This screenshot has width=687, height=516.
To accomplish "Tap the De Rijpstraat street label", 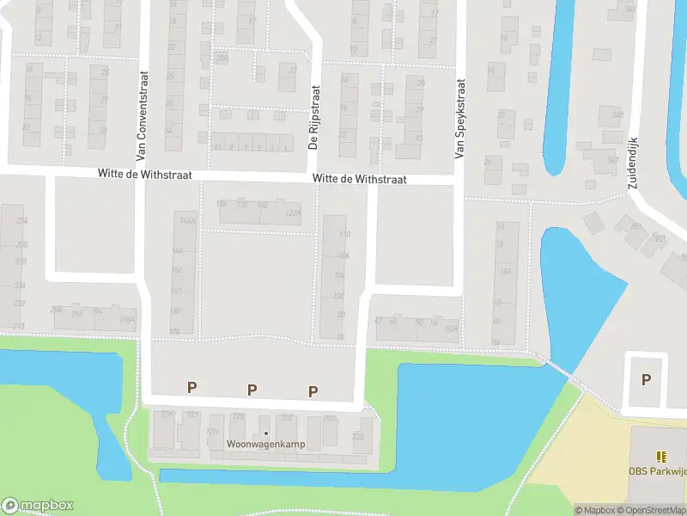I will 313,117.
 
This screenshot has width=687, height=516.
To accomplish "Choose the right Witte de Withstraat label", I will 359,180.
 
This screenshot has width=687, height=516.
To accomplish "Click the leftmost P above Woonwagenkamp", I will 191,388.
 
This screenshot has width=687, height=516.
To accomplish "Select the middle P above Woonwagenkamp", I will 252,390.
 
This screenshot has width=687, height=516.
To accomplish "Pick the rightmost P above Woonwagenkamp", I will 313,391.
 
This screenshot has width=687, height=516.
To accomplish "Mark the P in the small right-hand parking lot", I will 645,379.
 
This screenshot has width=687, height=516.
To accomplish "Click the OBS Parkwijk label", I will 656,471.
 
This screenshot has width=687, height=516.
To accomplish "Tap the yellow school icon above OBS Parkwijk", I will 660,457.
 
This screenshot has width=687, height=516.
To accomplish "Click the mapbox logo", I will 38,506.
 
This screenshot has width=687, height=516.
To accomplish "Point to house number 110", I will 344,235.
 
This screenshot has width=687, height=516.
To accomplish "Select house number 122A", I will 293,212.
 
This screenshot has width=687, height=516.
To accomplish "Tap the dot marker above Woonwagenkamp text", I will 265,433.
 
